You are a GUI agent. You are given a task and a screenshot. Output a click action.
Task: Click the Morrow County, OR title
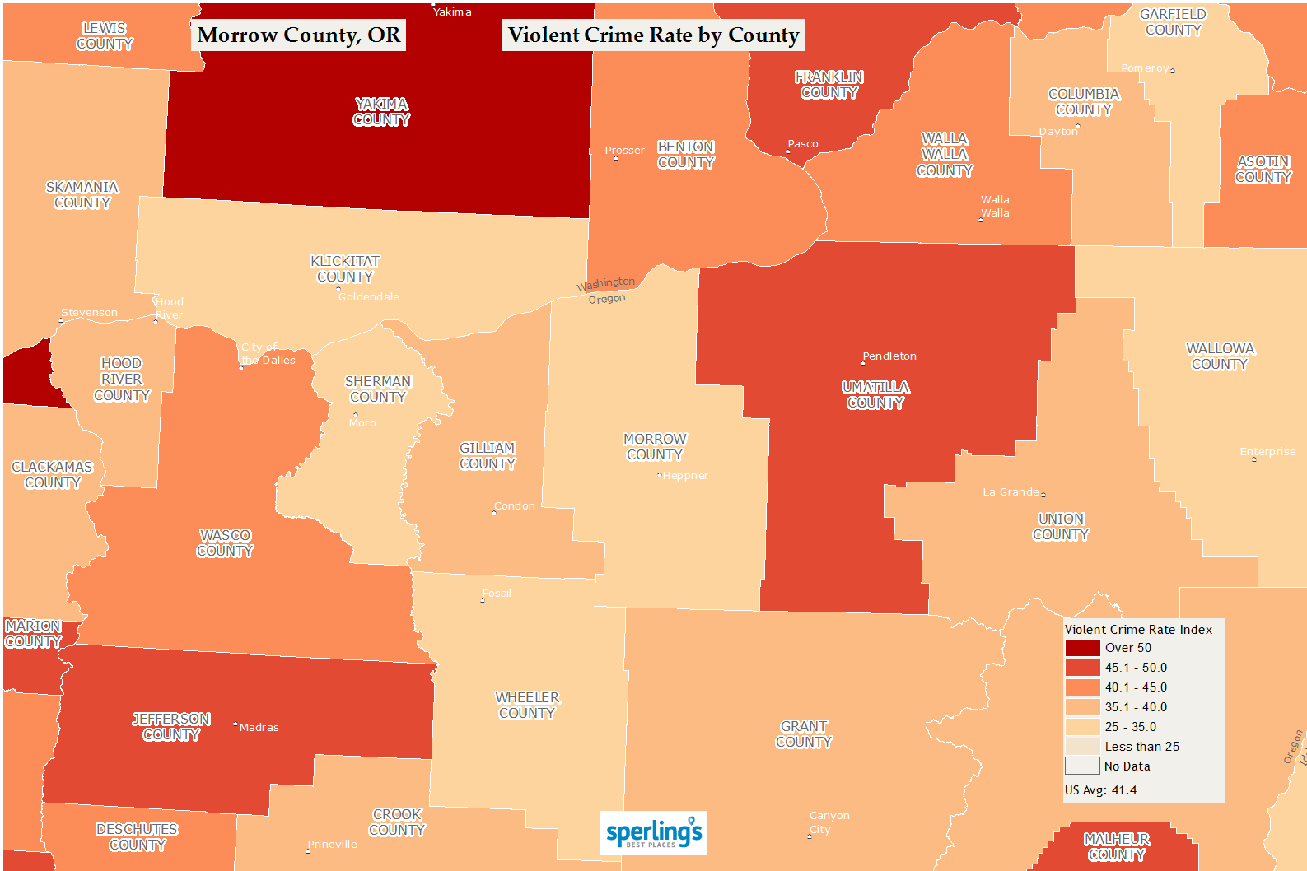(299, 35)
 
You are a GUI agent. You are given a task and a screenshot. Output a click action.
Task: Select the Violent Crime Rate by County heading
(653, 35)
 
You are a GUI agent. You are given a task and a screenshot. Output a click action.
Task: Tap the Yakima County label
(381, 112)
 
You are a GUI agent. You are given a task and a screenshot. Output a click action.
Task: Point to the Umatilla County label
(875, 395)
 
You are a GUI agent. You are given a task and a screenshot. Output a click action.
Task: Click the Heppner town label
(685, 476)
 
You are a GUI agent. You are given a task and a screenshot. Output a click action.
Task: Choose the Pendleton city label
(889, 356)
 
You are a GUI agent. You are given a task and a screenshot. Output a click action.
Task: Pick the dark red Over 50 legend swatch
(1082, 648)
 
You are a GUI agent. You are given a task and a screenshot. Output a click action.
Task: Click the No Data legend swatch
(1082, 766)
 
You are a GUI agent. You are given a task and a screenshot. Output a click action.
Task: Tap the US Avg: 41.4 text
(1100, 790)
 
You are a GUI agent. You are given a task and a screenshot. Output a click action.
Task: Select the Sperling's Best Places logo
(653, 833)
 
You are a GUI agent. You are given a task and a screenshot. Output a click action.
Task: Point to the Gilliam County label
(488, 456)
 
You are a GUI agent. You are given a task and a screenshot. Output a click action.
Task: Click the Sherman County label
(378, 389)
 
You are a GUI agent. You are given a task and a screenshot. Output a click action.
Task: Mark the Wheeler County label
(527, 706)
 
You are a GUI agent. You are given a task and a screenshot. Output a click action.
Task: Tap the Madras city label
(259, 728)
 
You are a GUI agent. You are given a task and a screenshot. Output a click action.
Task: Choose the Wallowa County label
(1220, 356)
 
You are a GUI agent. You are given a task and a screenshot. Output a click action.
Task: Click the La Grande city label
(1011, 492)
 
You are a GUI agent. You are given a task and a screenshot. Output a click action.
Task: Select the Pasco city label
(803, 144)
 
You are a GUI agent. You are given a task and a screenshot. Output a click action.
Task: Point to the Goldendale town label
(369, 297)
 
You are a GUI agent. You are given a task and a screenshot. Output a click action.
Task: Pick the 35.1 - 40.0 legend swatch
(1082, 707)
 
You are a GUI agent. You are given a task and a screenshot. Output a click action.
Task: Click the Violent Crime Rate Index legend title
(1138, 630)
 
